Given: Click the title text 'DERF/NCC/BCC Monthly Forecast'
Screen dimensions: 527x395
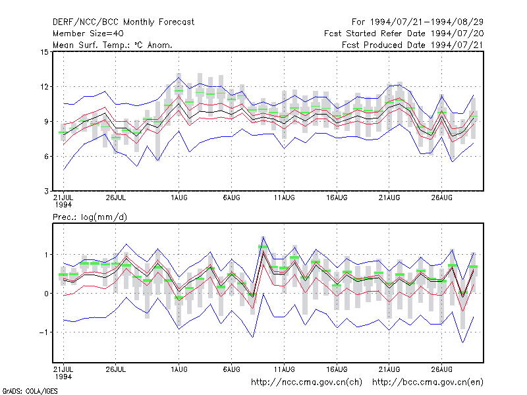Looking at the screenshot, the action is point(123,22).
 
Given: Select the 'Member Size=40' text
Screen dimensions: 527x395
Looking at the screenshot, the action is point(88,34).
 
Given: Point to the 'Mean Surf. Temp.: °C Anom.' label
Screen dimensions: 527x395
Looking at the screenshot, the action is point(113,45).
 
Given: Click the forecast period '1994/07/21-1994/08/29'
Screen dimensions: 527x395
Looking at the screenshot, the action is point(426,22).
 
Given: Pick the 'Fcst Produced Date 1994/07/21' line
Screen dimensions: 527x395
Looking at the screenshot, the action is point(413,45).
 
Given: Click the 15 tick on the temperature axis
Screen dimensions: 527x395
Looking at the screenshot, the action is point(44,52).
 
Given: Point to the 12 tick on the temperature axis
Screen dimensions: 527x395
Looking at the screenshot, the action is point(44,87).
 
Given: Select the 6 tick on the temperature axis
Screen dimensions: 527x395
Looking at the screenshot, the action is point(46,157).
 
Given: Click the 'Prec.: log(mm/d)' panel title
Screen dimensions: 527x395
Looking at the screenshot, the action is point(90,217).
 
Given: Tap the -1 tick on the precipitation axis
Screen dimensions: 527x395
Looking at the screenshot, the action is point(43,332).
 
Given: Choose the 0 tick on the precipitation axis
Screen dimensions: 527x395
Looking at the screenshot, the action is point(46,294).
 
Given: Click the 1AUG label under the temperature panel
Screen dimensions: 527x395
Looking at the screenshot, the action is point(179,198).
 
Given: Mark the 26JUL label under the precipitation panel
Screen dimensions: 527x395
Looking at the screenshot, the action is point(116,369).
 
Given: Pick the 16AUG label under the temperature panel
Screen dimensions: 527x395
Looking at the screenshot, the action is point(337,198).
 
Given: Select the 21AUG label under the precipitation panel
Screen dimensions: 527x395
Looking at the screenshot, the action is point(389,369).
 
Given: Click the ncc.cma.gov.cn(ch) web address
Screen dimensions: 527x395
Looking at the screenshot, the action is point(306,382).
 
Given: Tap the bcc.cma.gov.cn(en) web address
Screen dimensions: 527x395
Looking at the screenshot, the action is point(428,382).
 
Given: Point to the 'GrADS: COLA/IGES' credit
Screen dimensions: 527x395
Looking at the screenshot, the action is point(30,391).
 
